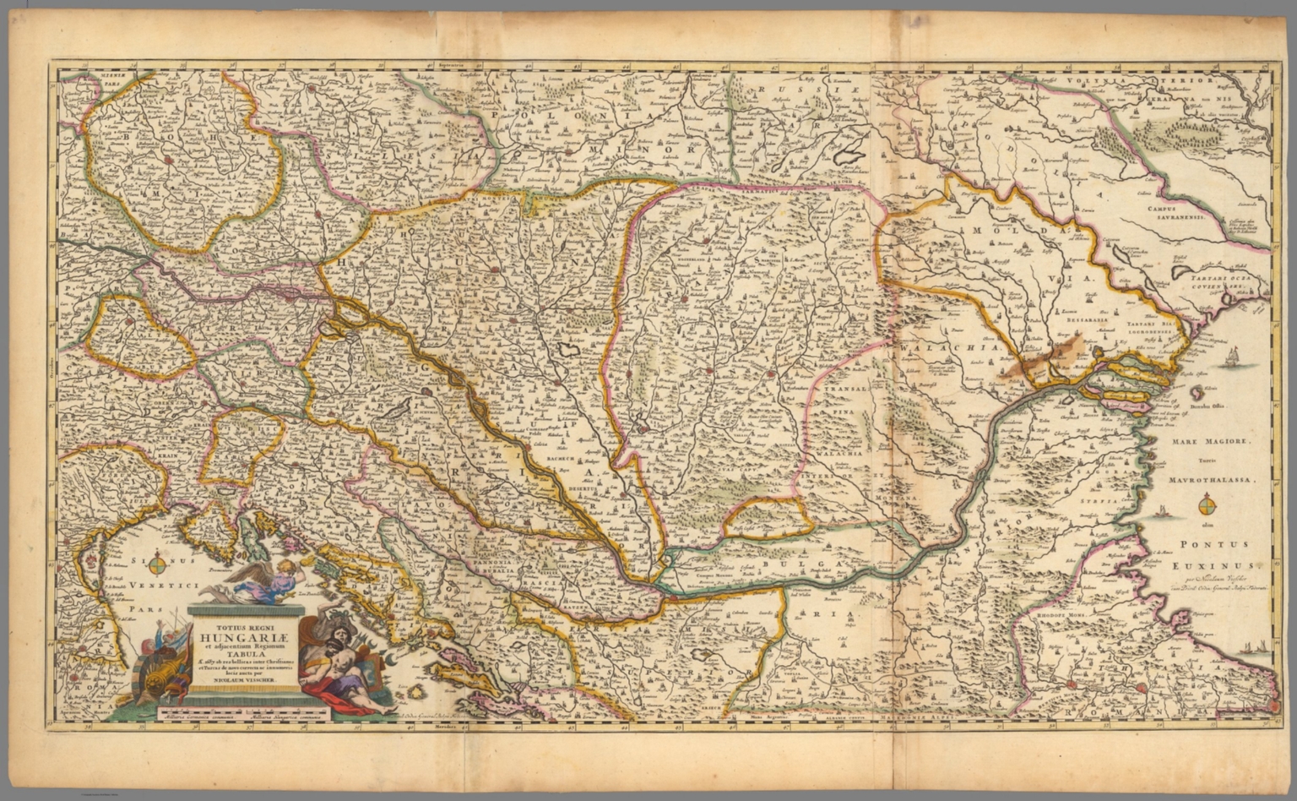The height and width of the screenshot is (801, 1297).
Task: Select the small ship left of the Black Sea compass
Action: (x=1163, y=510)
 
